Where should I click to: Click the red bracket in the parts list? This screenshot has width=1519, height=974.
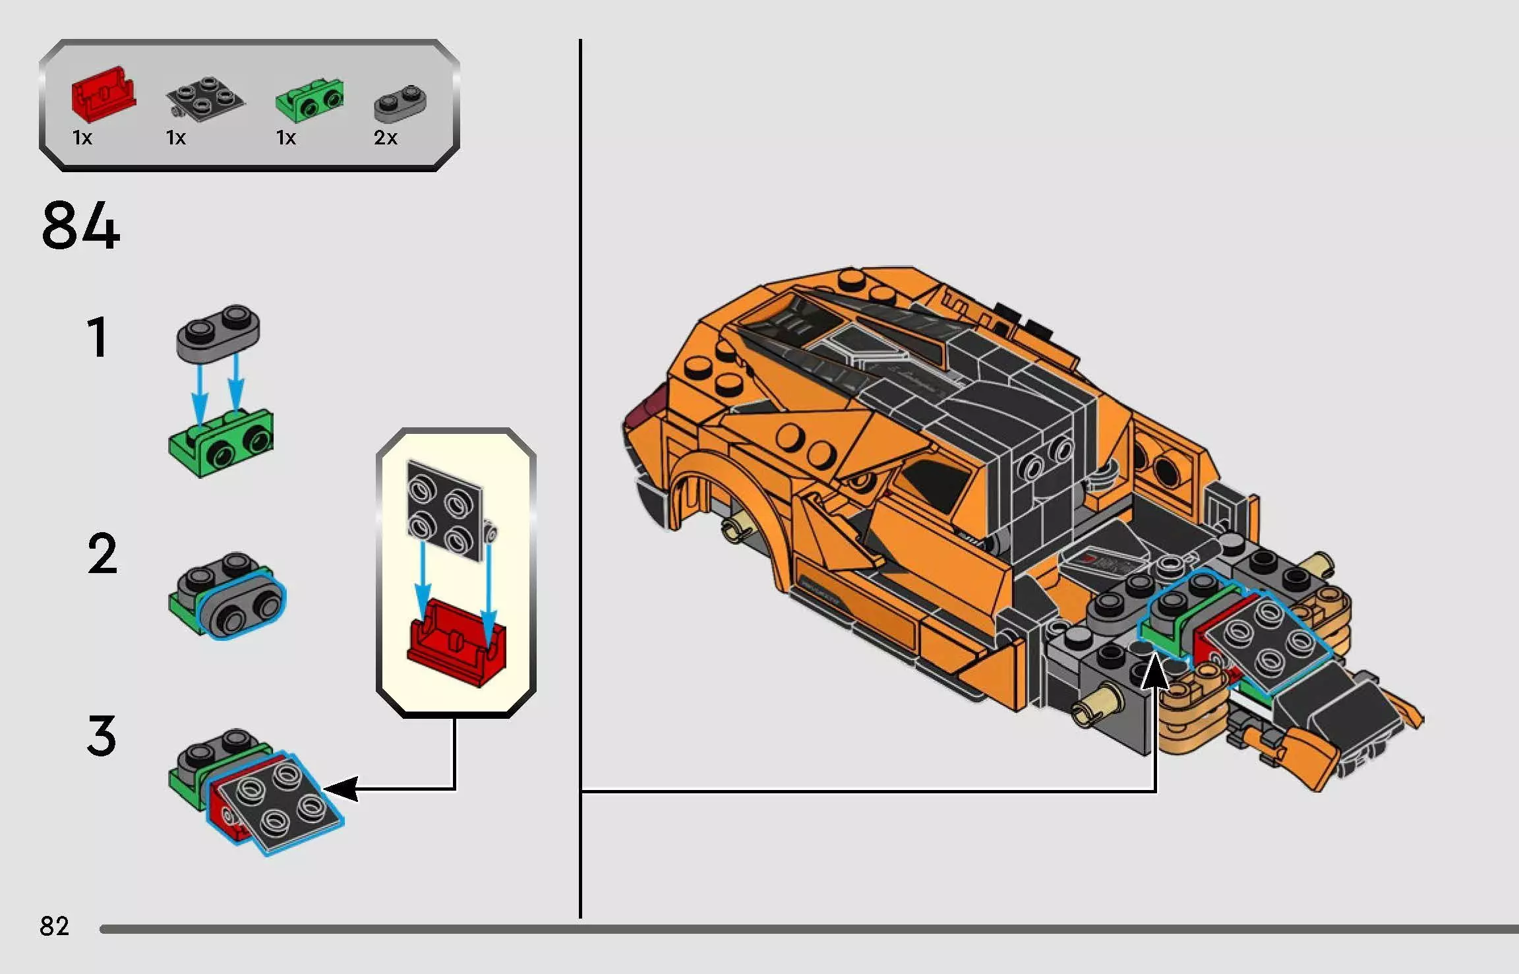tap(103, 96)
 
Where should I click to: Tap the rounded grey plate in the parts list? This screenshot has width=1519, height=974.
tap(400, 104)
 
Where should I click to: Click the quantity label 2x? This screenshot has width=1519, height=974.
tap(386, 138)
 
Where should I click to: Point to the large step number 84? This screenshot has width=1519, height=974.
tap(80, 226)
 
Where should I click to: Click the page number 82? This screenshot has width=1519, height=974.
tap(54, 927)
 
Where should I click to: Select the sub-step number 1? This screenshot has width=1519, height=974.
tap(98, 338)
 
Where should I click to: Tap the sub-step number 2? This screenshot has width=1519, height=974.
tap(102, 555)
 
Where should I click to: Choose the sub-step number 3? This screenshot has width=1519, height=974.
tap(102, 736)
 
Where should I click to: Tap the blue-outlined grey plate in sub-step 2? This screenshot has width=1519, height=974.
tap(242, 605)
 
